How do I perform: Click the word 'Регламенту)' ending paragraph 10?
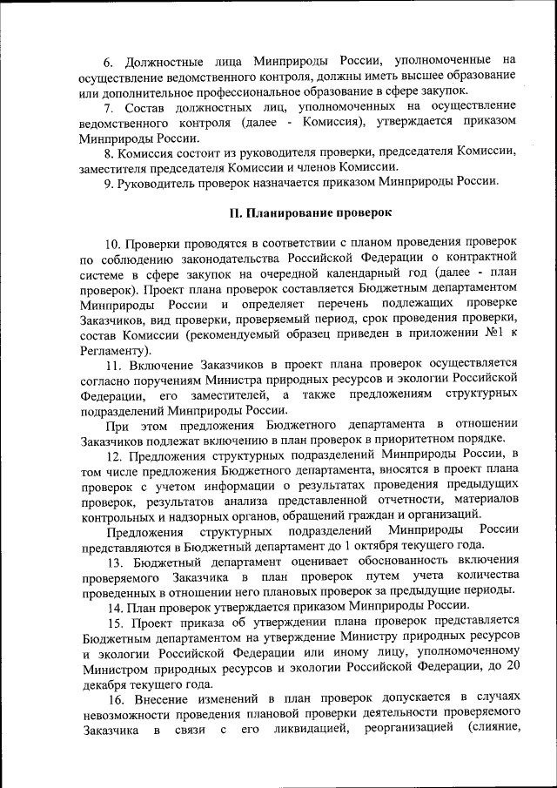(117, 348)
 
